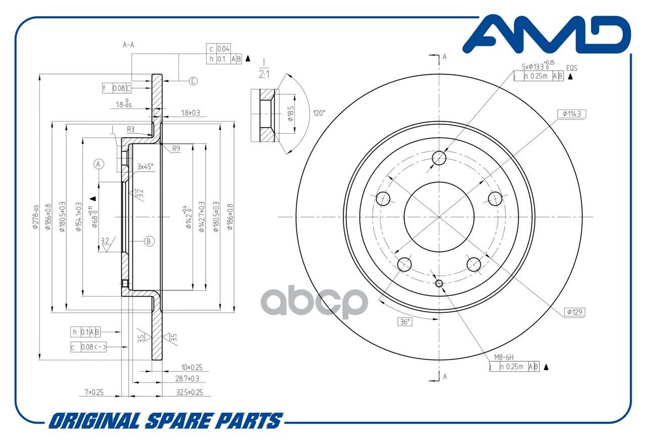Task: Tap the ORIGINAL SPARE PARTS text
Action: [x=165, y=420]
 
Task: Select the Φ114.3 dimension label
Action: [x=572, y=114]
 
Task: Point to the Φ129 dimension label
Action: [x=574, y=312]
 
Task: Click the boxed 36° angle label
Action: [x=405, y=321]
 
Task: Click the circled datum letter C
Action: [x=193, y=81]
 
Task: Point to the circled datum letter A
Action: [x=99, y=163]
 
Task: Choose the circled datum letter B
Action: [x=149, y=241]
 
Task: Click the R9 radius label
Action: [x=176, y=149]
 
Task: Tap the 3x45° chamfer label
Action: [x=145, y=166]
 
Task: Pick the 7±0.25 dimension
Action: [x=94, y=392]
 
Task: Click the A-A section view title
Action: [x=129, y=44]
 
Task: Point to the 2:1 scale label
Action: [x=264, y=74]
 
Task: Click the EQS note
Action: [x=572, y=67]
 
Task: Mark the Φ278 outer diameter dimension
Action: [x=35, y=217]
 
